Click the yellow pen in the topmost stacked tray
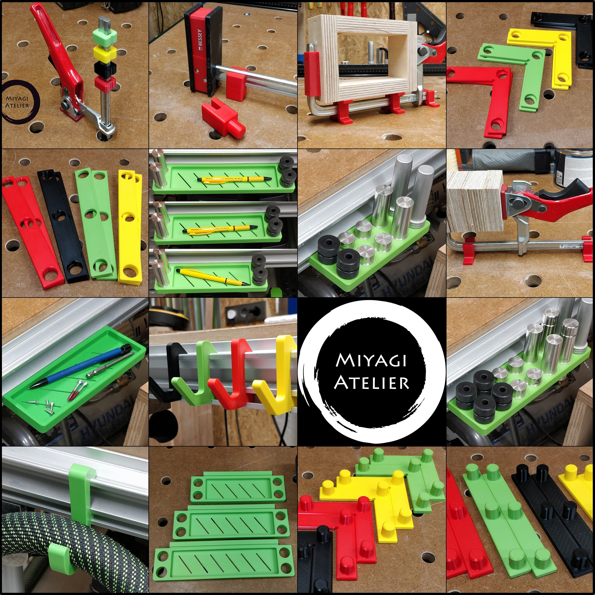234,179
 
